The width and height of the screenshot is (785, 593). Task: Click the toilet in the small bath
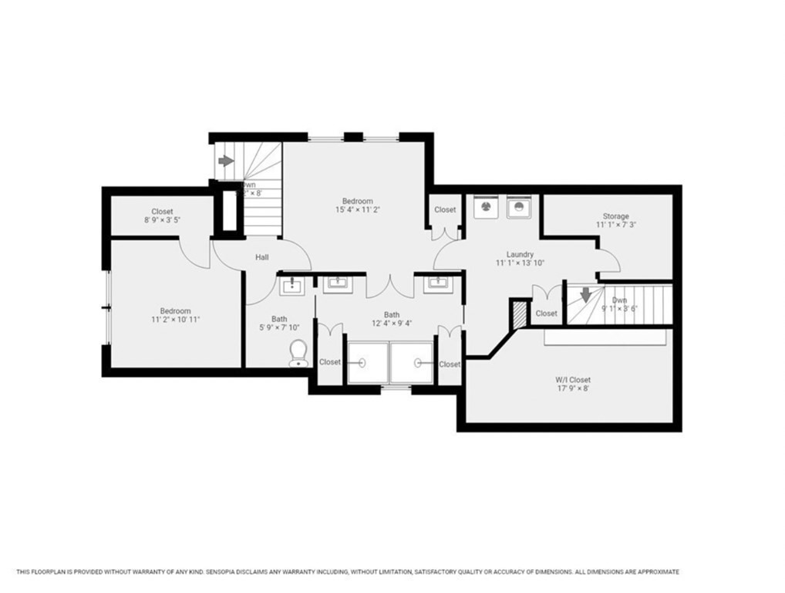coord(298,353)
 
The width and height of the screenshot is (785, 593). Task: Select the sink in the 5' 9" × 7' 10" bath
coord(293,287)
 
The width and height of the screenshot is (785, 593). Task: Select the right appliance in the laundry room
coord(519,207)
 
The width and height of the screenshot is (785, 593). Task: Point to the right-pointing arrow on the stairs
coord(226,161)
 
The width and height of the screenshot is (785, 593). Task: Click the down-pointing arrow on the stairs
coord(586,294)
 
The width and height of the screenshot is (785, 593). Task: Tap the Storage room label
coord(615,216)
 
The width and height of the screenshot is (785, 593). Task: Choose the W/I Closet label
coord(573,380)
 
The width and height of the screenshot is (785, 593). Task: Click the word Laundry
coord(520,254)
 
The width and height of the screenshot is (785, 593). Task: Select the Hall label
coord(262,257)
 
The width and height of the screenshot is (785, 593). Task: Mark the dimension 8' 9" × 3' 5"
coord(162,220)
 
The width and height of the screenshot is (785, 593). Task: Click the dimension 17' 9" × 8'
coord(573,389)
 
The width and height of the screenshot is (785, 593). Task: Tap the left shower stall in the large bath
coord(367,363)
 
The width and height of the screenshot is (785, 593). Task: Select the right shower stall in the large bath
coord(413,363)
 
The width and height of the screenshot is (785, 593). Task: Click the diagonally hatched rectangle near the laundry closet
coord(517,313)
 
